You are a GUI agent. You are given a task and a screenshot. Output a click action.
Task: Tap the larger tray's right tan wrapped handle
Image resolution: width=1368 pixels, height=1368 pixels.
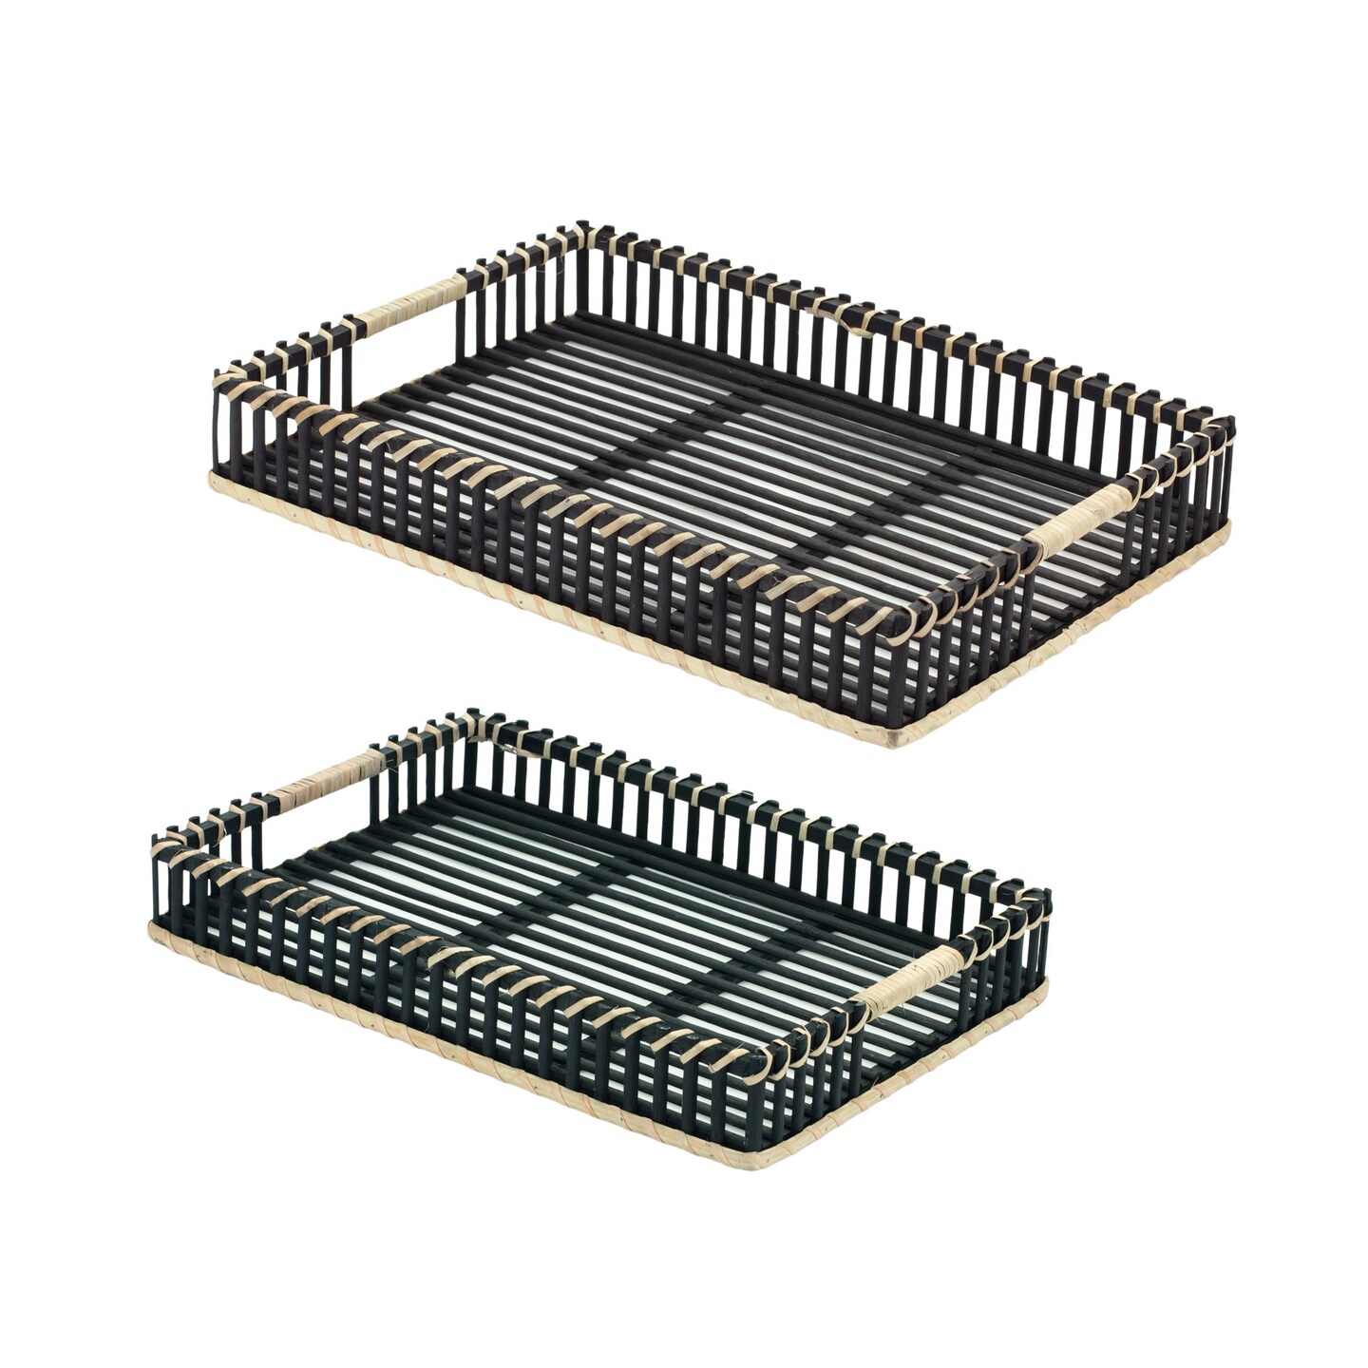tap(1079, 520)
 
